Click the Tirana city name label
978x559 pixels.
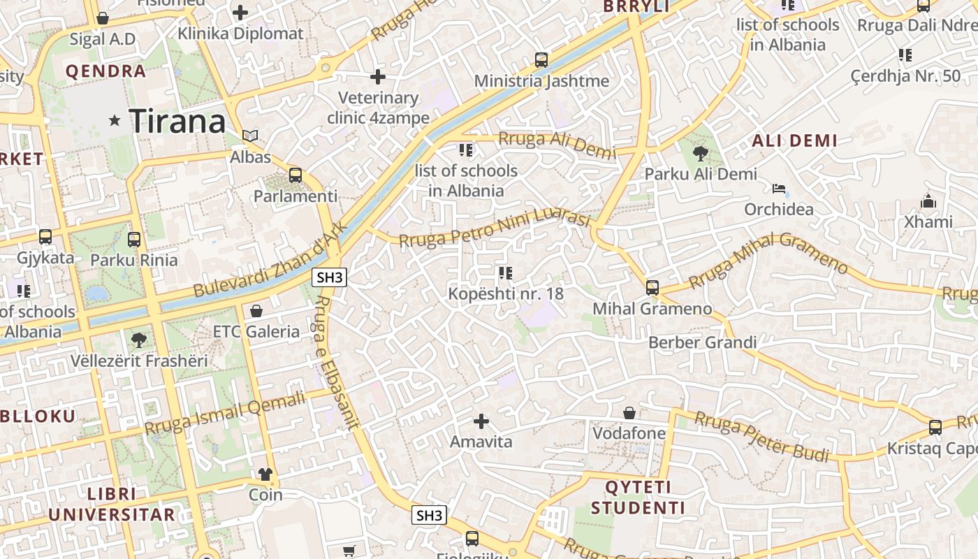[x=177, y=122]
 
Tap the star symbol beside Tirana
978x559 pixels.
[x=115, y=121]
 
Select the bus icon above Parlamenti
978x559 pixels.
[x=295, y=175]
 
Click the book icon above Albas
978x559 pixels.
[x=250, y=136]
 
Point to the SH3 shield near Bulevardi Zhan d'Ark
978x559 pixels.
[x=330, y=277]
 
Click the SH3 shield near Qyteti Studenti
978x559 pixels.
[x=428, y=516]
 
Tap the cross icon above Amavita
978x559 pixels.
[x=481, y=421]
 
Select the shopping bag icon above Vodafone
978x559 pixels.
[x=629, y=413]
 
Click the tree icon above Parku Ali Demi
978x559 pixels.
[x=700, y=154]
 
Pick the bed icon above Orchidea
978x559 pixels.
[x=779, y=189]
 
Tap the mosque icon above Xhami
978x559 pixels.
[x=928, y=201]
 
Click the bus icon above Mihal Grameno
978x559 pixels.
[x=652, y=288]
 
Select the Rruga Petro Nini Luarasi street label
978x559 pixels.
[x=495, y=228]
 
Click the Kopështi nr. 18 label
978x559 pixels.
[x=506, y=293]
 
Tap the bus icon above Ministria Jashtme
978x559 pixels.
[x=541, y=60]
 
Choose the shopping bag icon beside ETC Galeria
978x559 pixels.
[x=256, y=311]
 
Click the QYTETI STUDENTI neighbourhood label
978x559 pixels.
[x=638, y=498]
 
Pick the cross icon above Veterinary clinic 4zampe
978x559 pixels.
[x=378, y=76]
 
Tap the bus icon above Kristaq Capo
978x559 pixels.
[x=935, y=428]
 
